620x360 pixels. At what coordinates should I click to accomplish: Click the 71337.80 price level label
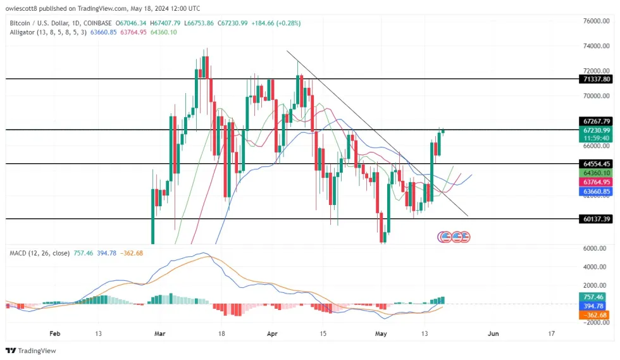point(597,79)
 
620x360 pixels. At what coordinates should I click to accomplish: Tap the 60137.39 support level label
point(597,219)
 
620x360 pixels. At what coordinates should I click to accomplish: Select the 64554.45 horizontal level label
point(597,163)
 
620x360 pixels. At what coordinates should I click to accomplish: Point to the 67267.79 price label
point(597,121)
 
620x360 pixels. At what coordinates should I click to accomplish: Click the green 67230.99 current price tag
point(597,130)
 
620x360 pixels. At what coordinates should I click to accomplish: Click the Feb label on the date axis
point(54,333)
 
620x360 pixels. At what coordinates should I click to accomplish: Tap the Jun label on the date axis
point(494,333)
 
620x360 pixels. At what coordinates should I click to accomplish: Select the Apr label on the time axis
point(273,333)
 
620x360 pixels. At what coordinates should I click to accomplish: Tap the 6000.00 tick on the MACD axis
point(598,249)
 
